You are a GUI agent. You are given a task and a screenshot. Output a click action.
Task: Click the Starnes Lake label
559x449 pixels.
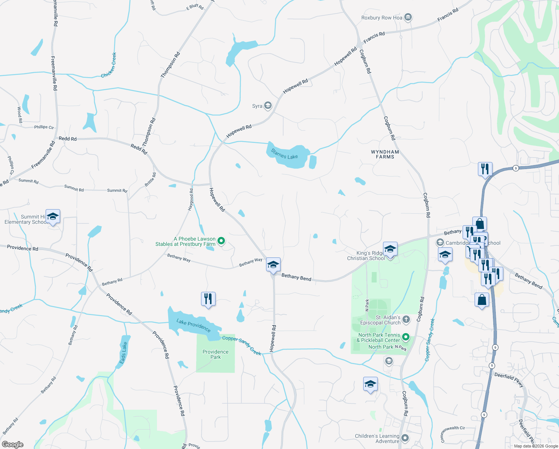coord(284,154)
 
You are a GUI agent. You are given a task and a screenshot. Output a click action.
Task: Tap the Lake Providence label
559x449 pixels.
coord(193,325)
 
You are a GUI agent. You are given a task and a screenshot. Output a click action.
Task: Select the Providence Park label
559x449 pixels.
coord(216,354)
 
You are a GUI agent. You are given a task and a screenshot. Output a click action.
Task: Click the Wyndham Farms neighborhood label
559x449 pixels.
coord(385,155)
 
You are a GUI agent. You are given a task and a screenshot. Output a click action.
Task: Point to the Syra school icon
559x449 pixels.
coord(268,106)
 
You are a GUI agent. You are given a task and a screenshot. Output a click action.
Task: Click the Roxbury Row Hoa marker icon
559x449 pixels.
coord(408,17)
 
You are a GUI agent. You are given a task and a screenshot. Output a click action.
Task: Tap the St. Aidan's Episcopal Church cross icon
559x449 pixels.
coord(406,320)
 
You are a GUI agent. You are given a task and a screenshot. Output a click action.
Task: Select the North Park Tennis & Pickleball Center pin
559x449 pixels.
coord(406,337)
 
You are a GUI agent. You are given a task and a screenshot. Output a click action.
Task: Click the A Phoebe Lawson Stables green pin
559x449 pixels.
coord(221,241)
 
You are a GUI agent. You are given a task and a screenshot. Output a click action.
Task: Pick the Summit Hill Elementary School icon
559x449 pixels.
coord(53,217)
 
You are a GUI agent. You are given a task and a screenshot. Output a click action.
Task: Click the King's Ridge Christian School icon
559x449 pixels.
coord(390,249)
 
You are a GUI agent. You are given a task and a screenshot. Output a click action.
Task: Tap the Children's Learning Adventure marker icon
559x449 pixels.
coord(405,438)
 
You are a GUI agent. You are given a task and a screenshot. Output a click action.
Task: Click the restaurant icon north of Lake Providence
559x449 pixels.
coord(208,299)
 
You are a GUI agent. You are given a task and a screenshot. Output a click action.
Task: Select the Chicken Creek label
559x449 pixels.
coord(109,65)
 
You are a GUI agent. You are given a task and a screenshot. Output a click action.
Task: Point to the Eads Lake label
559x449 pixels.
coord(123,353)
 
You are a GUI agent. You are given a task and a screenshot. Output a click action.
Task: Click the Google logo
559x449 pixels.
coord(13,445)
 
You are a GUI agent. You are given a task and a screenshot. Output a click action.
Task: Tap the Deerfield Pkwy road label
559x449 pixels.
coord(509,379)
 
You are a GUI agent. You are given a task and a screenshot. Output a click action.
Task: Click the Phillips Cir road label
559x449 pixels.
coord(44,127)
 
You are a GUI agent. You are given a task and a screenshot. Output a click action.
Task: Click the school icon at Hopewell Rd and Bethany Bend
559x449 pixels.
coord(273,265)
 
